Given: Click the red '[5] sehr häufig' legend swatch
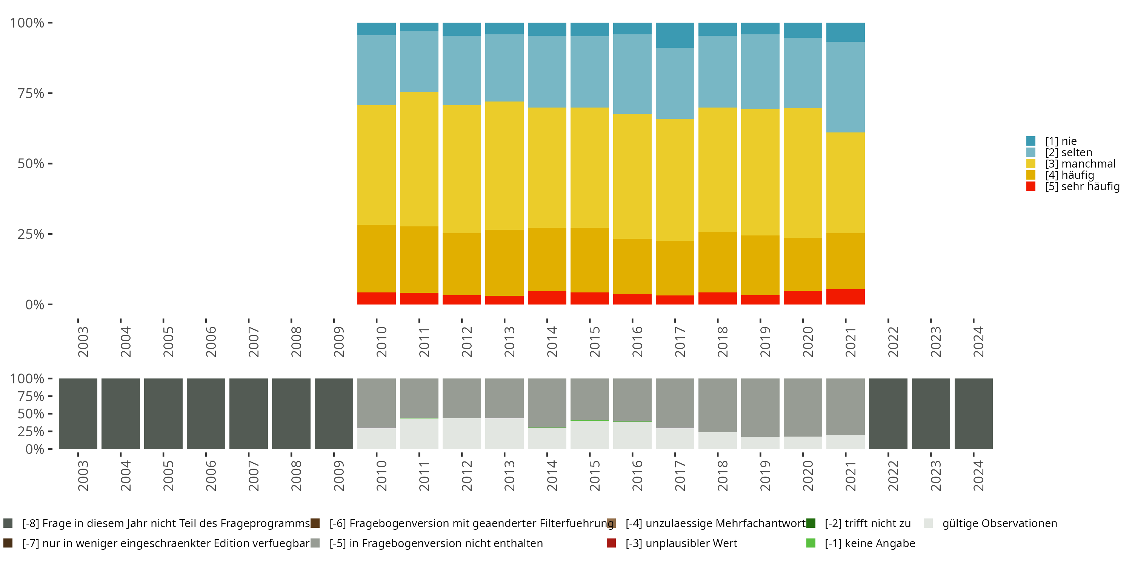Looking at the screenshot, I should [x=1030, y=186].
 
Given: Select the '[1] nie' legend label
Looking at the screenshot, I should [x=1061, y=141].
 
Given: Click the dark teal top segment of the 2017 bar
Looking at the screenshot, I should [x=675, y=35].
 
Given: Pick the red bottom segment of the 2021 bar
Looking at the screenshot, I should [x=845, y=297].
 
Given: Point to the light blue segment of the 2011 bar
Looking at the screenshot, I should [x=419, y=62].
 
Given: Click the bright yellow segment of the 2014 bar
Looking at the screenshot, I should [x=547, y=168].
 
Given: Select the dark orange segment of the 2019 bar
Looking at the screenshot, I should [x=760, y=265].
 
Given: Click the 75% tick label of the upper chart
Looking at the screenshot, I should [x=31, y=93].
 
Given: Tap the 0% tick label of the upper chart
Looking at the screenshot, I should [x=35, y=305].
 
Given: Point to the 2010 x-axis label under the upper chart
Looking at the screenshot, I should [x=381, y=341].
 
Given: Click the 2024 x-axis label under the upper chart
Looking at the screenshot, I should [x=978, y=341].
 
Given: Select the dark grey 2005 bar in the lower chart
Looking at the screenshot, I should [x=163, y=414].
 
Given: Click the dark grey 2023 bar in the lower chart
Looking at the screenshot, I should [x=931, y=414].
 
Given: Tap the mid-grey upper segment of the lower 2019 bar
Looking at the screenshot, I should [x=760, y=408].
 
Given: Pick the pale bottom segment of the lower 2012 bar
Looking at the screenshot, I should [x=461, y=433].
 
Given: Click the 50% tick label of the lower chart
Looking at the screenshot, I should [x=31, y=414].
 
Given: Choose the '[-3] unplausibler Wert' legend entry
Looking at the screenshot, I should [x=681, y=543].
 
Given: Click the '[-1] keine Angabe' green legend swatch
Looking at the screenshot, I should [x=811, y=543].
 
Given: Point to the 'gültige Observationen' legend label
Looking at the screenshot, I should [x=1000, y=523].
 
